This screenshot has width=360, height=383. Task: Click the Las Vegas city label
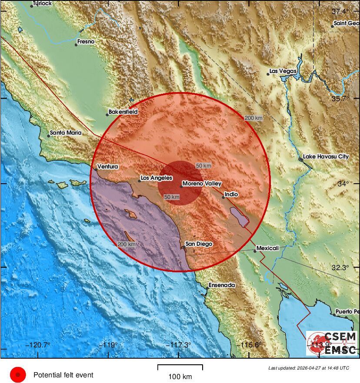click(283, 71)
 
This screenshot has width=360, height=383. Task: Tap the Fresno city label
click(86, 42)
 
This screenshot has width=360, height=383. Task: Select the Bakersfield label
click(123, 112)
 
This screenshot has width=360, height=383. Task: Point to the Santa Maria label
click(66, 133)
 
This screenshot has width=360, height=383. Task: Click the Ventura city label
click(108, 166)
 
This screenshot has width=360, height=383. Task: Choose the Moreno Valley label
click(202, 184)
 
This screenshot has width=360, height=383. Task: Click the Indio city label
click(231, 195)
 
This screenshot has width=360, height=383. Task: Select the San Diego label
click(199, 244)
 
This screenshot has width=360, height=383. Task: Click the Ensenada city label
click(222, 285)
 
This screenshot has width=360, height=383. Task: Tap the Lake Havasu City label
click(326, 156)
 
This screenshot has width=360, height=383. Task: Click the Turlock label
click(42, 3)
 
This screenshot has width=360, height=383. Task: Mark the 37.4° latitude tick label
click(340, 11)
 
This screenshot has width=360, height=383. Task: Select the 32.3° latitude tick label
click(340, 268)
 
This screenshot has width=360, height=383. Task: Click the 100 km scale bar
click(180, 367)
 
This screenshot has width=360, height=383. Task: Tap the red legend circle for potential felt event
click(18, 374)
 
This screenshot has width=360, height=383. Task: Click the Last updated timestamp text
click(308, 368)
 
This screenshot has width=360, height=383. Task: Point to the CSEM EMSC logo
click(332, 343)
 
